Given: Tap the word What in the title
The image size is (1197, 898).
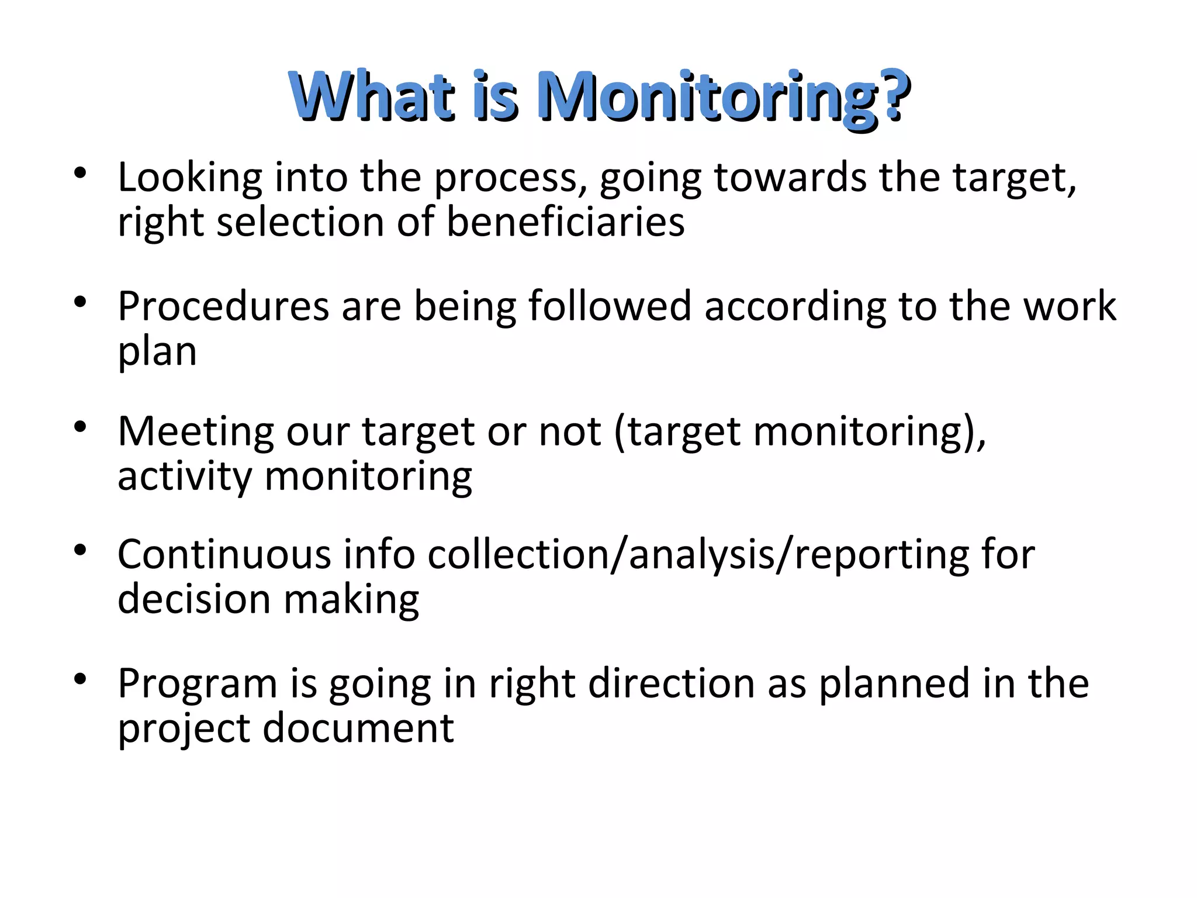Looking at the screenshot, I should [x=372, y=96].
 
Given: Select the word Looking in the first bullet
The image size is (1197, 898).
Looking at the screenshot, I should [x=190, y=178].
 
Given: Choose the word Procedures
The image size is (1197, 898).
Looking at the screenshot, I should [x=223, y=306].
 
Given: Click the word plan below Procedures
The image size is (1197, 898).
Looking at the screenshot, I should [x=157, y=352].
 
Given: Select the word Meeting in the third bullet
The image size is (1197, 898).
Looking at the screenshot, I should [x=195, y=431].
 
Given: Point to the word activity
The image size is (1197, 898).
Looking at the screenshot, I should [x=185, y=477].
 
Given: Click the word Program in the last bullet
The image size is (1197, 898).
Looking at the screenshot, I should [x=197, y=684].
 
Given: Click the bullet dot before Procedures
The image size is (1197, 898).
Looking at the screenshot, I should [x=80, y=302].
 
